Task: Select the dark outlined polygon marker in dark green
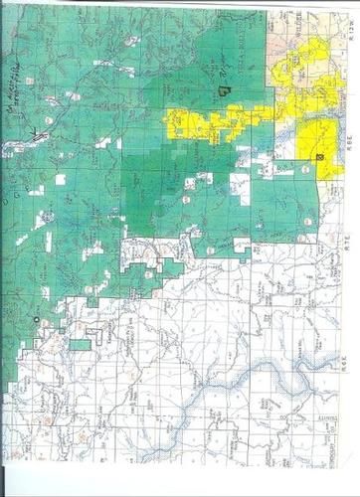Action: pos(223,90)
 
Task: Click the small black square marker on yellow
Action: pos(319,157)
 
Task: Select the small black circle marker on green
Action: pos(36,319)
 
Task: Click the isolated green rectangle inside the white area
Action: pos(81,345)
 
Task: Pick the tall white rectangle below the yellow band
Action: pos(239,188)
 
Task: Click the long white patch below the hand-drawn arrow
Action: pos(20,148)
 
